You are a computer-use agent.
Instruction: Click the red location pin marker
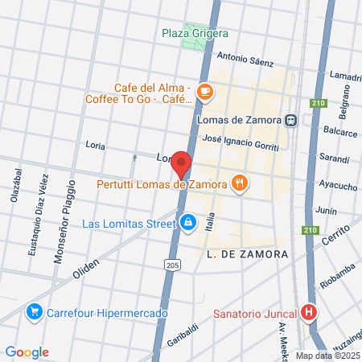pos(182,163)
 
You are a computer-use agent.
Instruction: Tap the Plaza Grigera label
pos(195,33)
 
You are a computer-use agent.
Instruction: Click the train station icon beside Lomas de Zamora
pos(289,120)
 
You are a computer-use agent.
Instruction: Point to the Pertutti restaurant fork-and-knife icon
pos(238,183)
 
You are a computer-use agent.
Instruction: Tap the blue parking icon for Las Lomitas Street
pos(187,221)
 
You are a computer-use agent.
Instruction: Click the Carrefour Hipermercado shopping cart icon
pos(34,311)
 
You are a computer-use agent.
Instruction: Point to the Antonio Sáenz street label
pos(245,60)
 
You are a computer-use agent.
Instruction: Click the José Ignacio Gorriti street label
pos(241,142)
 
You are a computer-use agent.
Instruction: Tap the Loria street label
pos(96,146)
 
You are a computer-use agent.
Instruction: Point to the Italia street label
pos(210,220)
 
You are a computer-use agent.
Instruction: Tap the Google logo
pos(27,352)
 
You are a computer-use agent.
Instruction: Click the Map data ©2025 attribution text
pos(327,356)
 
